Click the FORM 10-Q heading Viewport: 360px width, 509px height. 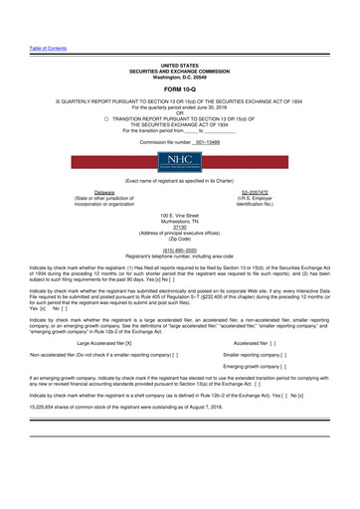(180, 88)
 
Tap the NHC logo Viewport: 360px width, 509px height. (180, 164)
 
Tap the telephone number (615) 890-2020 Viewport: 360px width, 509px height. (180, 251)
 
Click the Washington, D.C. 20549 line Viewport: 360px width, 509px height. (180, 78)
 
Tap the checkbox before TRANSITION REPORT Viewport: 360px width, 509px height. (107, 117)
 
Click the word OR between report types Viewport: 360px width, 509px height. (180, 111)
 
